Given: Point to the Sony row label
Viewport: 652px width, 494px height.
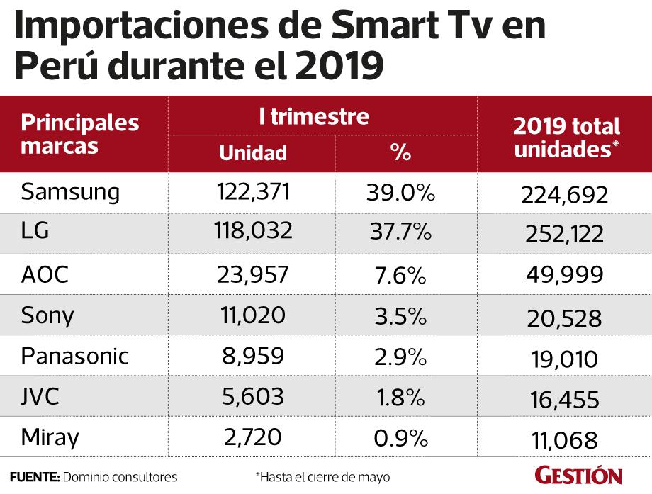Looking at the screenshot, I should click(x=47, y=315).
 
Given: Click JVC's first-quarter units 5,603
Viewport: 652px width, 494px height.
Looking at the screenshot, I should click(x=252, y=396).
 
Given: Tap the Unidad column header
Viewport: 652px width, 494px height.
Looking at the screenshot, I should click(x=252, y=152).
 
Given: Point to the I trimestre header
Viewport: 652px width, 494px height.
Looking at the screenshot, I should click(x=314, y=116).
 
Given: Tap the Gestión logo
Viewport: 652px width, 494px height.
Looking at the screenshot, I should click(x=578, y=475).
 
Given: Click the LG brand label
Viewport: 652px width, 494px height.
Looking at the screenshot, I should click(x=35, y=232).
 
